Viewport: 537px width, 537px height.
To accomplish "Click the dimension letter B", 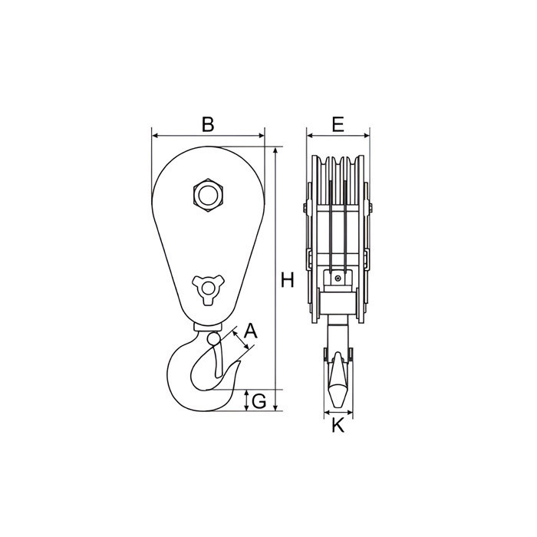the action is [208, 124].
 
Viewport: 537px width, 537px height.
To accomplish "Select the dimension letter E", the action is [338, 124].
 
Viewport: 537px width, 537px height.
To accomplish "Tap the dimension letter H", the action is [288, 280].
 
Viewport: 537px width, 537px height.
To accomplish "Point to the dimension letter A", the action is [250, 331].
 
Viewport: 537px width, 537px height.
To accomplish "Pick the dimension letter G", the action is [259, 401].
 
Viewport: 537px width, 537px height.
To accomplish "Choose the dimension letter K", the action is [338, 426].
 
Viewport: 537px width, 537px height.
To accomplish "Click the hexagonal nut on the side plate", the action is [208, 196].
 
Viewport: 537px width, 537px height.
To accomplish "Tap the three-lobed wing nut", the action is [208, 289].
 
